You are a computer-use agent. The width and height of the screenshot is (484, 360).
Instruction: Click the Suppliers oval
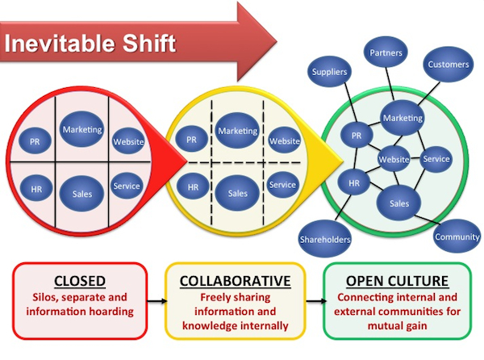[329, 71]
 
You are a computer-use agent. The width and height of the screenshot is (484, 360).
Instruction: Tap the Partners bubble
[386, 52]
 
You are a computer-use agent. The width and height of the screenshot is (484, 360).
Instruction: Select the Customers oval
[449, 65]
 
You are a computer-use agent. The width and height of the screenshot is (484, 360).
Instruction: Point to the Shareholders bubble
[325, 239]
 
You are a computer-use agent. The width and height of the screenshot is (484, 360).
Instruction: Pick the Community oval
[457, 237]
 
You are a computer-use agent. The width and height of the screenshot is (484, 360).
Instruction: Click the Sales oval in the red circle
[81, 194]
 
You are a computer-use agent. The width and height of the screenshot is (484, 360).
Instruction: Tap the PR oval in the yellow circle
[191, 140]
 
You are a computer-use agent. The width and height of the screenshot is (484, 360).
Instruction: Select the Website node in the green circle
[394, 159]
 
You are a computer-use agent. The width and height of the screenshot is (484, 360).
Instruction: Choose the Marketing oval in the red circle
[82, 129]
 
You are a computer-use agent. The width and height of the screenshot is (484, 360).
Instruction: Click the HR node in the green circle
[354, 183]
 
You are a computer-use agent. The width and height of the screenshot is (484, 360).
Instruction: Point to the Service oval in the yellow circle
[282, 185]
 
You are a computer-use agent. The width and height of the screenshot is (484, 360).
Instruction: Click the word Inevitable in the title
[60, 44]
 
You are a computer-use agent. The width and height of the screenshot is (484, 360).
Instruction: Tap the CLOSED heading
[80, 281]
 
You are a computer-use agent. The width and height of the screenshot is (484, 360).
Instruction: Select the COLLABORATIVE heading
[236, 281]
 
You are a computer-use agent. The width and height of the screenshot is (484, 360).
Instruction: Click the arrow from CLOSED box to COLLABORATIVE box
[157, 301]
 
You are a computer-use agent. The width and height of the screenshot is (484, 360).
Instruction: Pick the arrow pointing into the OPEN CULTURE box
[316, 301]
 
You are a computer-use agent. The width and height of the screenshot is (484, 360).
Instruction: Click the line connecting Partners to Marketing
[390, 84]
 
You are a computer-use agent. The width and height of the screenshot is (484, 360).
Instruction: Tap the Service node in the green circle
[436, 159]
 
